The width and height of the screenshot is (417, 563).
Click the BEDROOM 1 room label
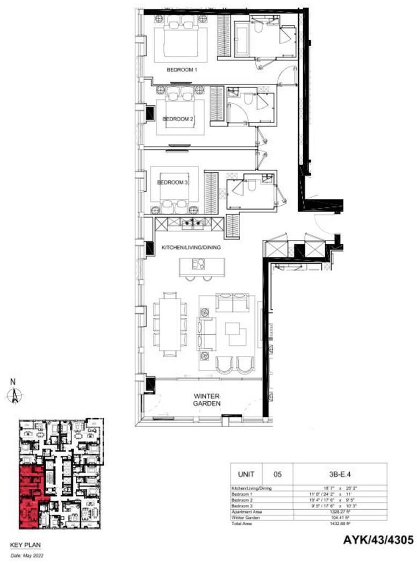pos(182,70)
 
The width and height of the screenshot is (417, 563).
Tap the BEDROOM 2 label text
pos(178,119)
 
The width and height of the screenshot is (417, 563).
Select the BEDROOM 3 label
pos(172,182)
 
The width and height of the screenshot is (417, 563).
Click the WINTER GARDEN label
pos(207,400)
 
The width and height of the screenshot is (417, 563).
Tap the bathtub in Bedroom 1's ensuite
pos(241,38)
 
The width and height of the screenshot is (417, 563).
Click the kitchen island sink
pos(199,264)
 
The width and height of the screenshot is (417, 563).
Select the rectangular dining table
pos(170,324)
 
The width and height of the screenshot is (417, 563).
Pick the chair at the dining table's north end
pos(170,294)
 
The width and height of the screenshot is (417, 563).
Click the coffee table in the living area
pos(234,334)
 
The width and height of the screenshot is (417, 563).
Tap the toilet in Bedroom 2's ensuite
pos(248,99)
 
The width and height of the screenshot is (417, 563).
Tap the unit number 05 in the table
pos(277,474)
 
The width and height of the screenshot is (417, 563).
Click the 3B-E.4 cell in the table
pos(340,474)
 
